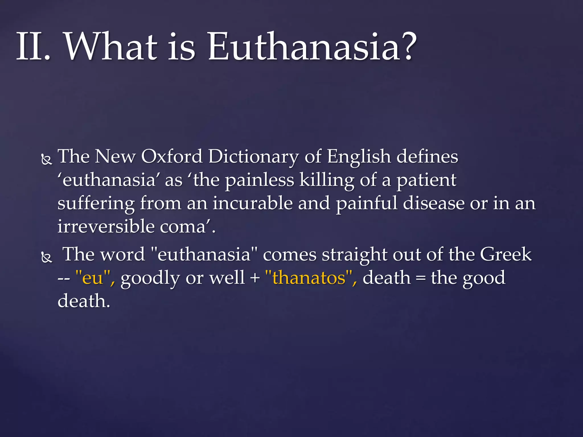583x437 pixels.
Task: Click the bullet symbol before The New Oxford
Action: pos(47,160)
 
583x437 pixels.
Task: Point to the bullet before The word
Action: pos(47,257)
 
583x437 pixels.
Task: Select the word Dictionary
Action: pos(253,157)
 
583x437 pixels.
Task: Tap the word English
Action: pos(359,157)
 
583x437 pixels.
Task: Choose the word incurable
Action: pos(253,203)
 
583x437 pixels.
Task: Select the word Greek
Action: pos(506,254)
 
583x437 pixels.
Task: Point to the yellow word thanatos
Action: pos(309,277)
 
